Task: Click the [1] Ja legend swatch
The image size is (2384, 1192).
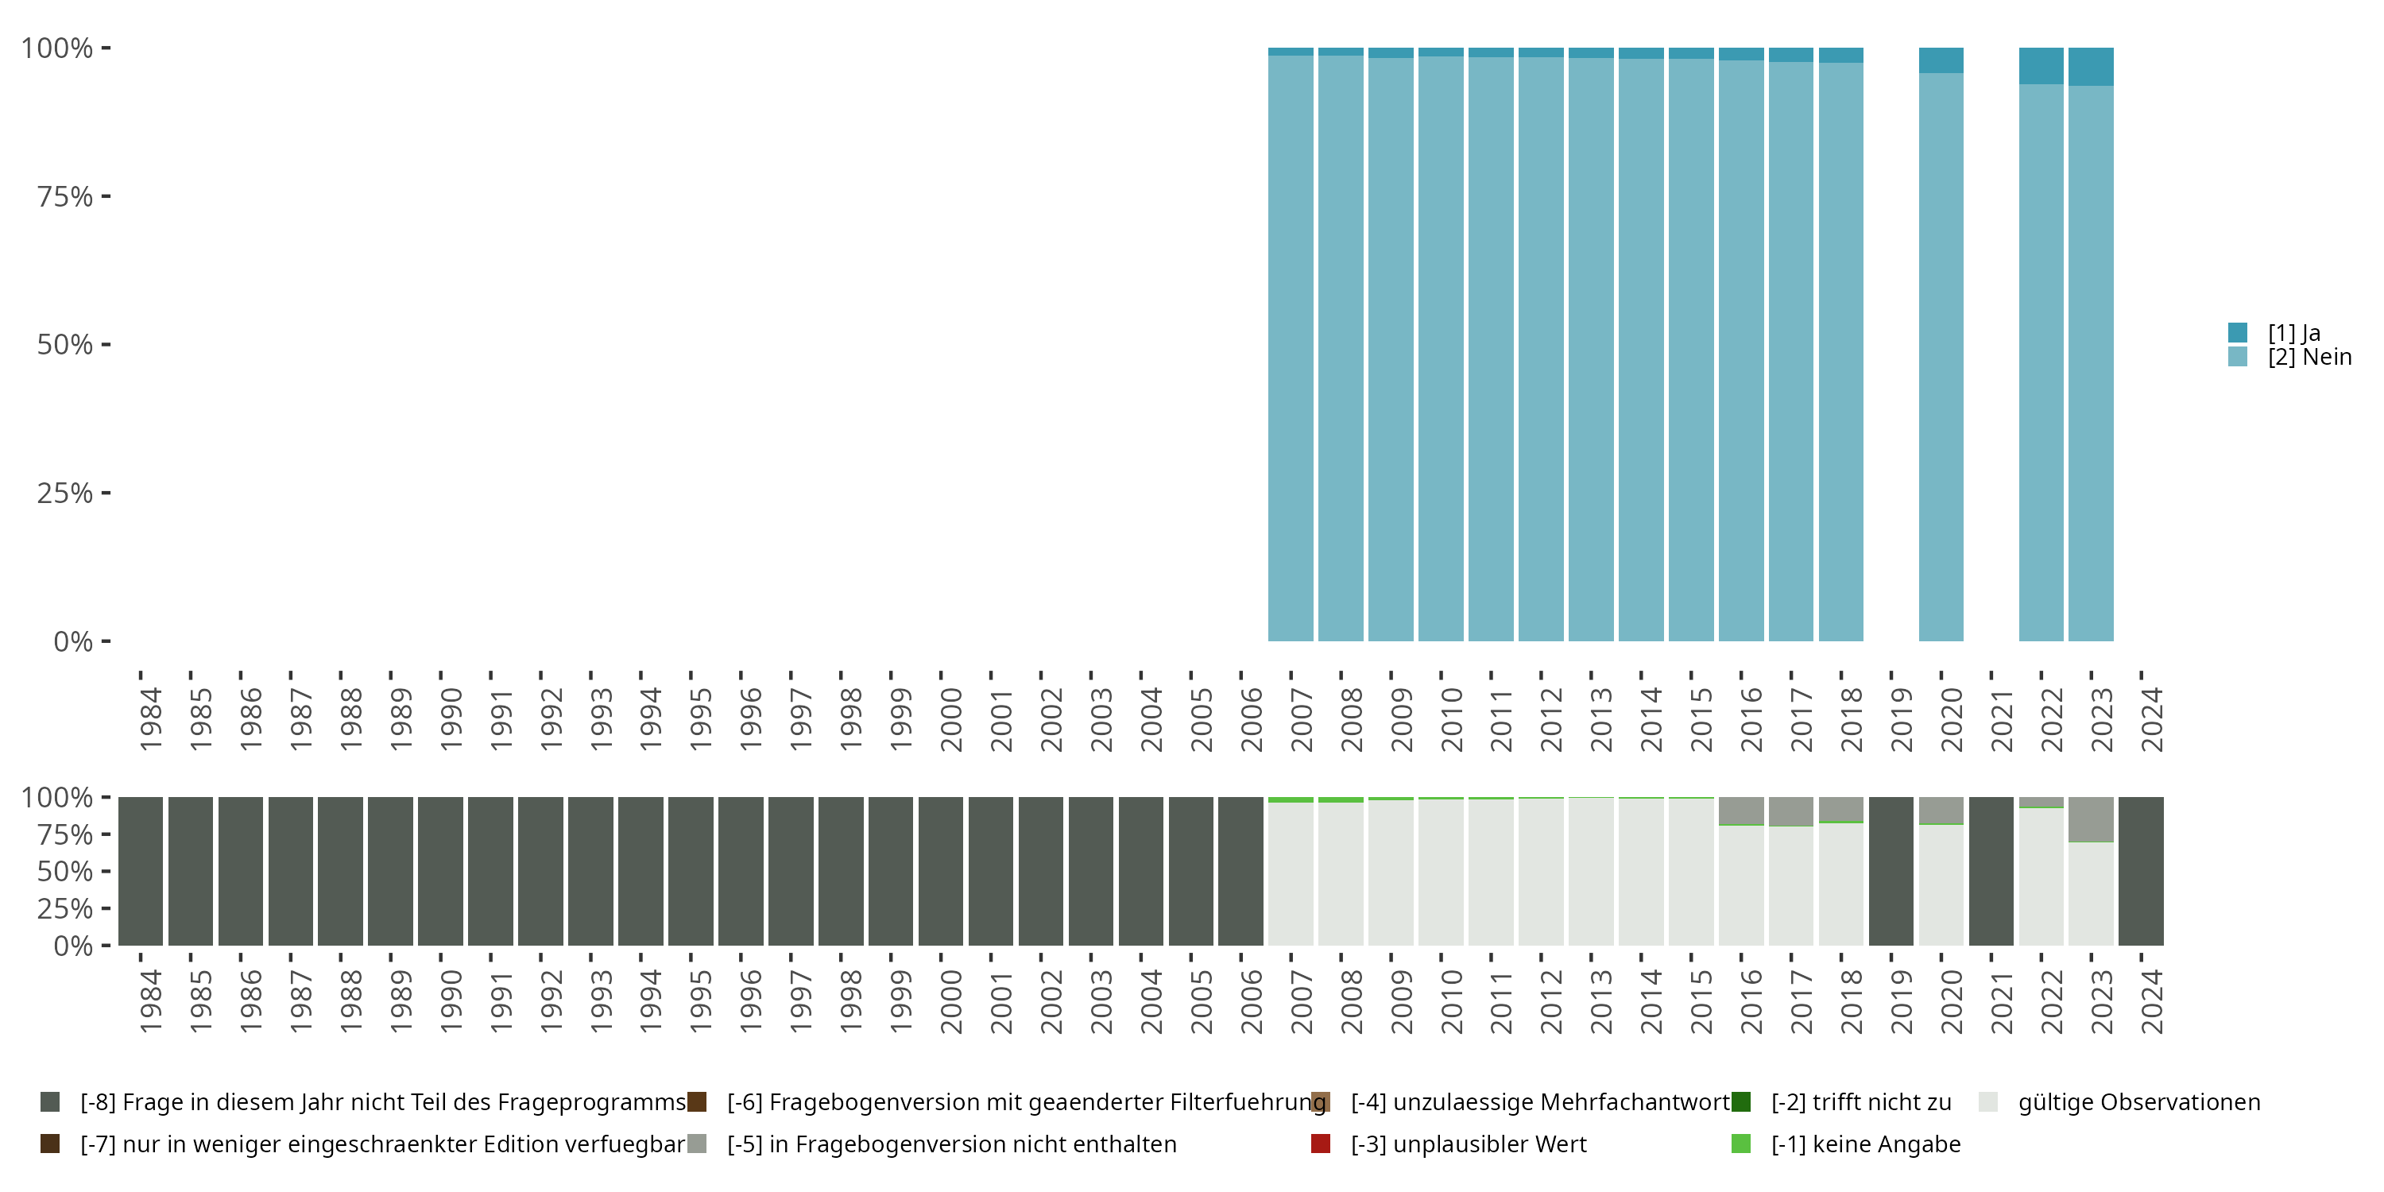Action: tap(2237, 332)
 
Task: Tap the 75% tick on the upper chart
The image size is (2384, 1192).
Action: tap(65, 196)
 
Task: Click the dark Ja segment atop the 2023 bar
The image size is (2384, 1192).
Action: tap(2091, 67)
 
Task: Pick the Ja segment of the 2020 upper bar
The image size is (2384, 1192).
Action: tap(1941, 60)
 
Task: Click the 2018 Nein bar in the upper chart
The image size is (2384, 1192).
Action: tap(1840, 352)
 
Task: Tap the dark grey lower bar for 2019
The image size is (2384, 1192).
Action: tap(1891, 871)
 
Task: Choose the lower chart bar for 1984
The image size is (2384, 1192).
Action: tap(141, 871)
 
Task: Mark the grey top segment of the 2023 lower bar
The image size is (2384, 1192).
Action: tap(2091, 819)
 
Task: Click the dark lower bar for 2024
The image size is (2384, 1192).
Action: tap(2141, 871)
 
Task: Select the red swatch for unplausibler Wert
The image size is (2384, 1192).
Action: tap(1321, 1144)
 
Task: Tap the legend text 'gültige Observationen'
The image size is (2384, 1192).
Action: tap(2138, 1102)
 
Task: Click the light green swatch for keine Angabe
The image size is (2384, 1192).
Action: tap(1741, 1144)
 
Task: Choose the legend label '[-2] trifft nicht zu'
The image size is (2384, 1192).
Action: tap(1860, 1102)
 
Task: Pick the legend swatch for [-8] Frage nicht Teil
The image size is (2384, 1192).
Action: tap(50, 1102)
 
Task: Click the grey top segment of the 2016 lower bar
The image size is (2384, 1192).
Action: tap(1741, 810)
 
